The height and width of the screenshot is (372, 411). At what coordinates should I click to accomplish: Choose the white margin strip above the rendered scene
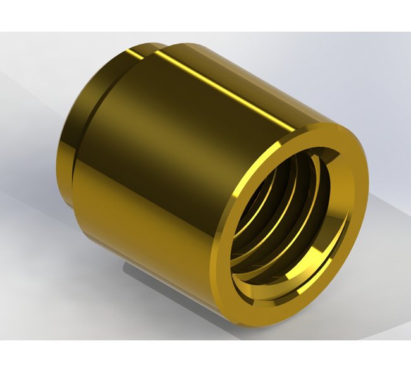pos(205,16)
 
